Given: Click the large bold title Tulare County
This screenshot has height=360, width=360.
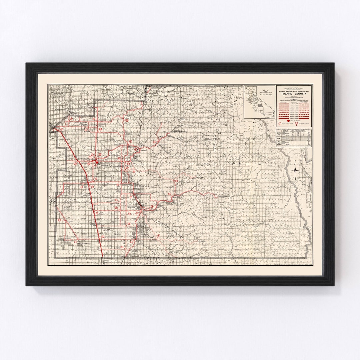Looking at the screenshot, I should tap(293, 93).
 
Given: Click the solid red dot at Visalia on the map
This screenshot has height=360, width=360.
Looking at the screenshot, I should tap(97, 162).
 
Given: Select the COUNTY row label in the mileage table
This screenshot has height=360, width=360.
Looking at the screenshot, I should tap(279, 139).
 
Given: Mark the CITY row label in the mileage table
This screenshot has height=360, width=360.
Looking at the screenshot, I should tap(279, 143).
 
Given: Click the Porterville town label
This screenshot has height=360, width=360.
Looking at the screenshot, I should tap(134, 207).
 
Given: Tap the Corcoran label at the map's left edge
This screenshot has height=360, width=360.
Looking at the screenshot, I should tap(52, 202).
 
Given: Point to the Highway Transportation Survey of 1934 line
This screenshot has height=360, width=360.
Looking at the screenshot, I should tap(293, 91).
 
